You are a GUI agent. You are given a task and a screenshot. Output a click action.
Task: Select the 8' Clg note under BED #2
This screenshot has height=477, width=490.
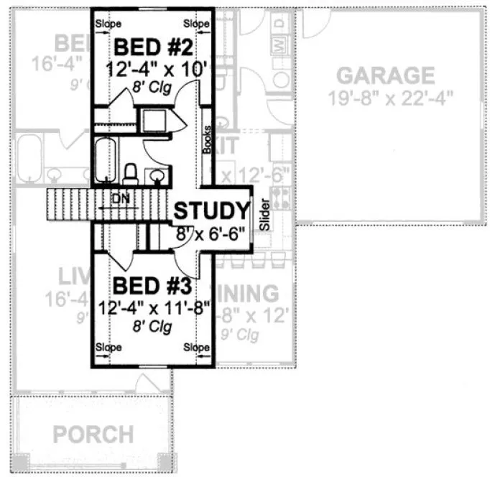[x=152, y=86]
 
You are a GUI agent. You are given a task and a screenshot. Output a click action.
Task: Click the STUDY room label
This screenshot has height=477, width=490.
[x=211, y=212]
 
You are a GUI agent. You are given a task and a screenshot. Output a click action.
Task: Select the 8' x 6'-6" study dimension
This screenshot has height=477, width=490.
[x=211, y=233]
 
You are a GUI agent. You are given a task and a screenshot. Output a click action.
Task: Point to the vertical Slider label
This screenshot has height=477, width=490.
[x=263, y=214]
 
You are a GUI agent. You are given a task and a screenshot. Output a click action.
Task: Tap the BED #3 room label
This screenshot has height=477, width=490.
[x=152, y=286]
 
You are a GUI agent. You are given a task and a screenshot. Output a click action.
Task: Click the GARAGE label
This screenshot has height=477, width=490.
[x=386, y=75]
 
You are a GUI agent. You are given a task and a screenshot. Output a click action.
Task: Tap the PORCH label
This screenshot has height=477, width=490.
[x=93, y=435]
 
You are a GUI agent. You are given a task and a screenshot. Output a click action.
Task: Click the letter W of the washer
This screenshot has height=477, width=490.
[x=277, y=46]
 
